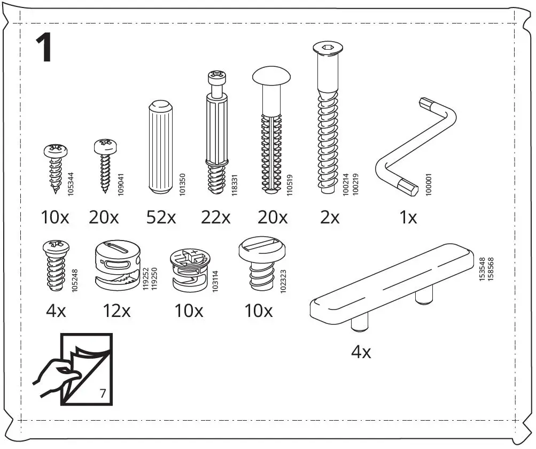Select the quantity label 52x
pos(161,218)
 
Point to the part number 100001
pos(428,183)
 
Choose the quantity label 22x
pos(215,218)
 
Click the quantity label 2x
pos(330,218)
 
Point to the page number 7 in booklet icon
pos(103,394)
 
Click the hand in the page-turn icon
pos(53,373)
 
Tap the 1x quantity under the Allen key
pos(408,218)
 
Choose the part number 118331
pos(234,184)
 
